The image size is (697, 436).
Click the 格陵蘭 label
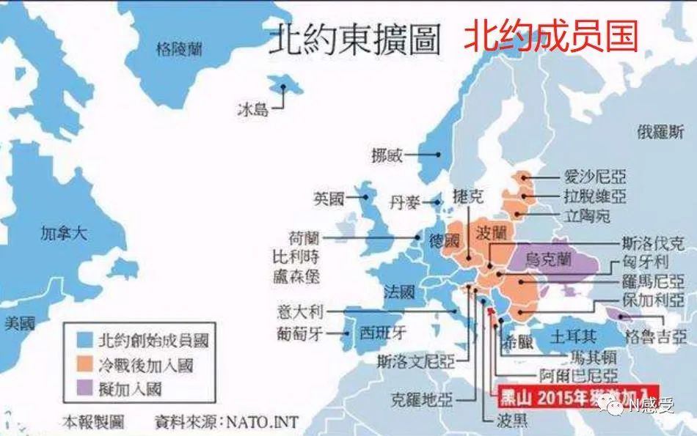pos(179,50)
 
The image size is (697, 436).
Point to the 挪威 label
pos(387,155)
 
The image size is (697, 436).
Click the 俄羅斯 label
pos(660,132)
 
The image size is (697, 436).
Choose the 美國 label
pos(19,322)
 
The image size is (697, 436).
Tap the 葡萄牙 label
pos(300,332)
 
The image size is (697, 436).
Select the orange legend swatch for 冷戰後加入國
pos(86,364)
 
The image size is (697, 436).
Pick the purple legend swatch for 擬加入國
pos(86,388)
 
